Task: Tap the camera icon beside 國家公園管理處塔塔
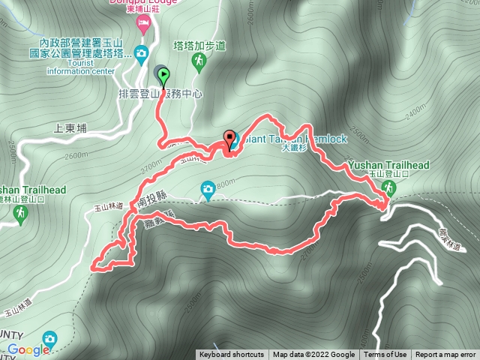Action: click(140, 52)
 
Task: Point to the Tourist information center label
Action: click(80, 67)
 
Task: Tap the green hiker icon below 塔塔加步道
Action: click(199, 61)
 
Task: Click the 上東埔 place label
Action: click(71, 128)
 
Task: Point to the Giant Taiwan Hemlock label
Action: click(285, 138)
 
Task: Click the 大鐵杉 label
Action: click(295, 148)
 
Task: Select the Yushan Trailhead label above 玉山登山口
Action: click(388, 165)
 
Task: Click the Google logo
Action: click(28, 349)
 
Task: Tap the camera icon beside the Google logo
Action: click(49, 339)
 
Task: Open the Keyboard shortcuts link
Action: click(231, 355)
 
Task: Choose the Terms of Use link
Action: click(385, 355)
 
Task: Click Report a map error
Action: click(445, 355)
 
